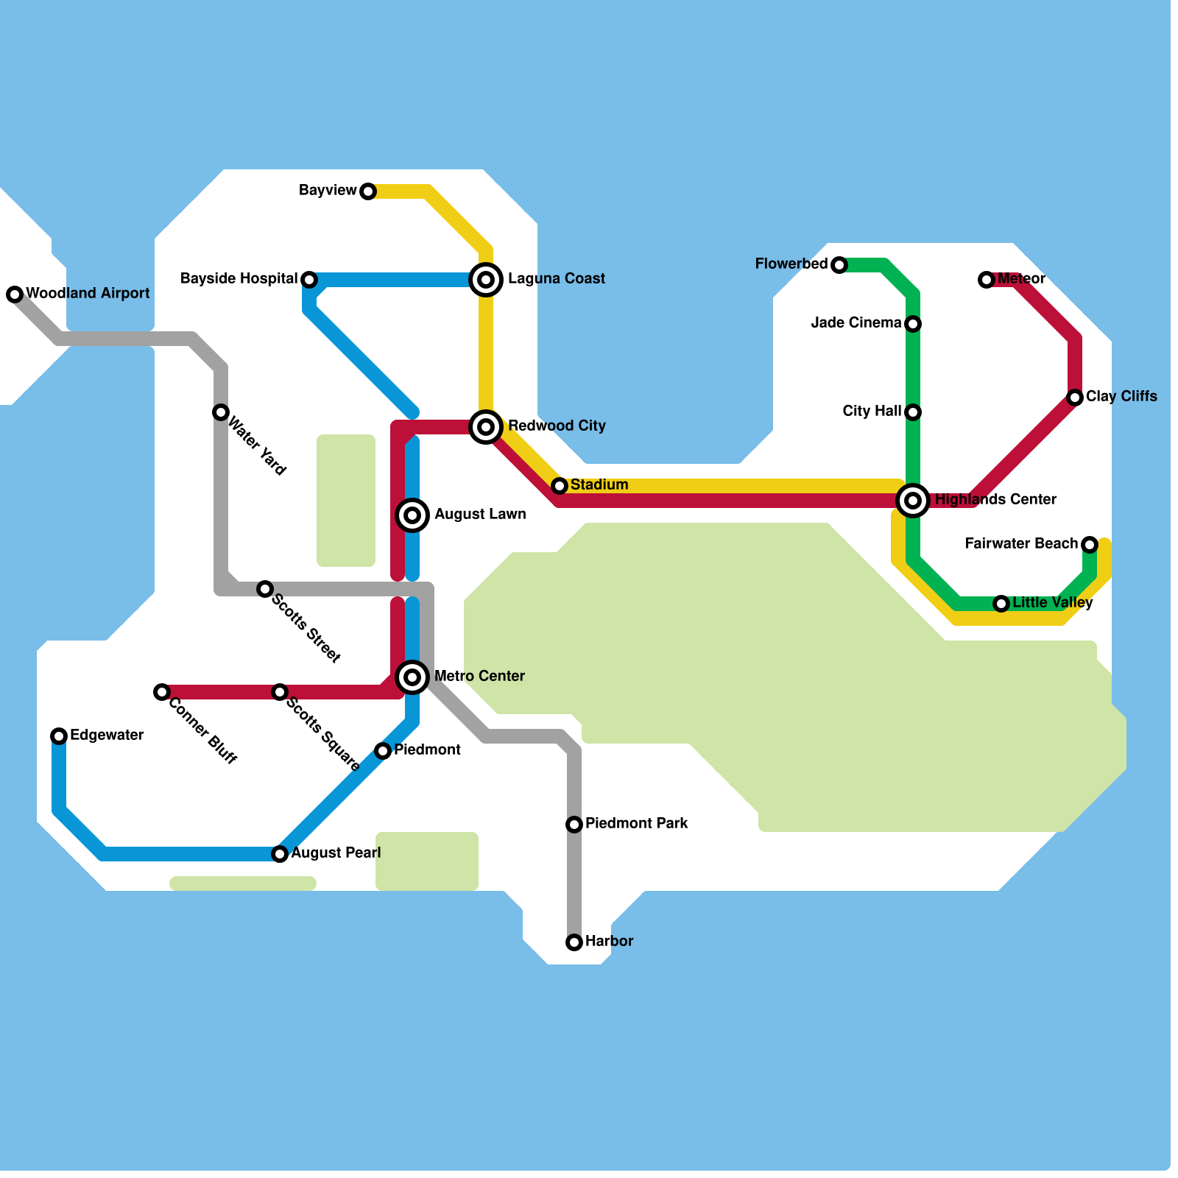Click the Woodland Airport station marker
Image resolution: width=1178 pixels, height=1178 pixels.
click(15, 294)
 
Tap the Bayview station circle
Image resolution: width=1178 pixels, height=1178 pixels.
click(368, 191)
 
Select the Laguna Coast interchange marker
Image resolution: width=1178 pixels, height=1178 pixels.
click(486, 280)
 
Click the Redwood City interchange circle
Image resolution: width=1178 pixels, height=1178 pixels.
click(486, 427)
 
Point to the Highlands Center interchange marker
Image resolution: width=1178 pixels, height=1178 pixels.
click(913, 501)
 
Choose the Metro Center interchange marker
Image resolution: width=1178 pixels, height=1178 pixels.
click(412, 677)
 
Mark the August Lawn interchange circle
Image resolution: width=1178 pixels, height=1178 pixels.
click(412, 515)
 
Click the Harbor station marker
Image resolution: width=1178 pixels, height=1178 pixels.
click(574, 942)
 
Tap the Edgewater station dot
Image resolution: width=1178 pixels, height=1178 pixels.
click(59, 736)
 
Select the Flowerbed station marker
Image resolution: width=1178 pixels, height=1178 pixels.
click(839, 265)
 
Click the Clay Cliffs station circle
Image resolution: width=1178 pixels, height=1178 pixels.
click(1075, 398)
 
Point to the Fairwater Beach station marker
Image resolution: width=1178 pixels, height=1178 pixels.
click(1090, 545)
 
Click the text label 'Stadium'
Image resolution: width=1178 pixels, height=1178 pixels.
click(599, 484)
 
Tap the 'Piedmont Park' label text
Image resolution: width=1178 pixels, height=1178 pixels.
click(637, 823)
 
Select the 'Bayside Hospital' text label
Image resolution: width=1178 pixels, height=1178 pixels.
click(239, 278)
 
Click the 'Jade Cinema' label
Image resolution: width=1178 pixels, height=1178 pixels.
click(856, 322)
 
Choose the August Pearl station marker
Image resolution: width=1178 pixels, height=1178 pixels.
click(280, 854)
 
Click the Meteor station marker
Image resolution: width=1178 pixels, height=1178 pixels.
click(987, 280)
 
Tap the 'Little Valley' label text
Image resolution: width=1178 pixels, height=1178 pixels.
click(1052, 602)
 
